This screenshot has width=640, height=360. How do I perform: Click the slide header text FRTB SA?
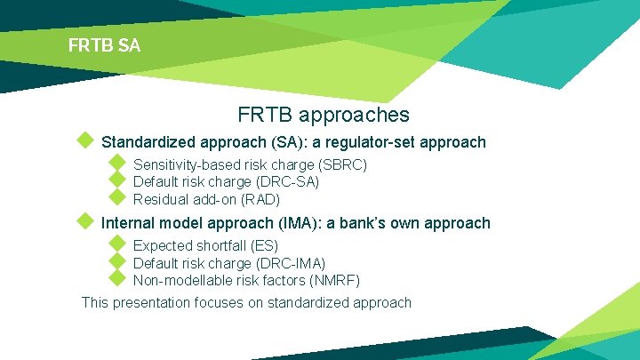(104, 44)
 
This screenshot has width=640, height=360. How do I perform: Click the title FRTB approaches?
(324, 115)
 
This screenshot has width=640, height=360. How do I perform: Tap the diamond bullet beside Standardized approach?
(84, 140)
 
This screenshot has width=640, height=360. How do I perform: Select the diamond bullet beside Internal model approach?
(84, 220)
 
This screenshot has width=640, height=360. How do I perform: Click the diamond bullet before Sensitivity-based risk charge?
(116, 164)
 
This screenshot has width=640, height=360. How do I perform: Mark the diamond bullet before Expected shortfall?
(116, 244)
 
